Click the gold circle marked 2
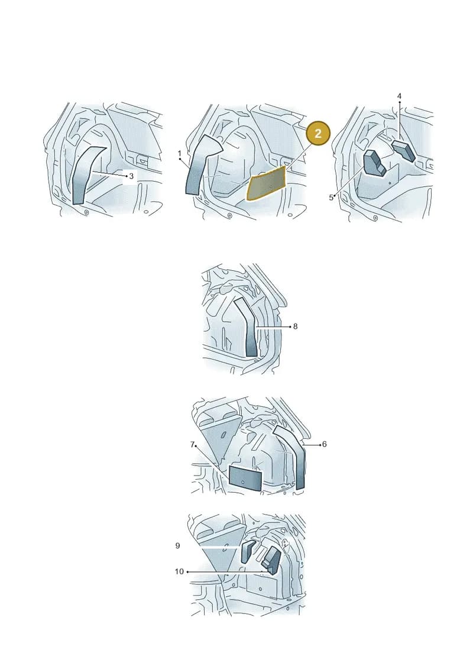[318, 134]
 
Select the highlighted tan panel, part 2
[267, 184]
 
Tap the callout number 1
[180, 153]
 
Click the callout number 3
[131, 176]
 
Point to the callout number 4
[399, 96]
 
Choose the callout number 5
[331, 198]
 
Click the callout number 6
[324, 444]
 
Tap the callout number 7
[192, 445]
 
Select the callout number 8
[295, 327]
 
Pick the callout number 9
[177, 546]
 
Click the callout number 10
[179, 571]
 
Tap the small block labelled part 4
[403, 150]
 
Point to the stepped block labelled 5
[374, 163]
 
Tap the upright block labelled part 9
[248, 551]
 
